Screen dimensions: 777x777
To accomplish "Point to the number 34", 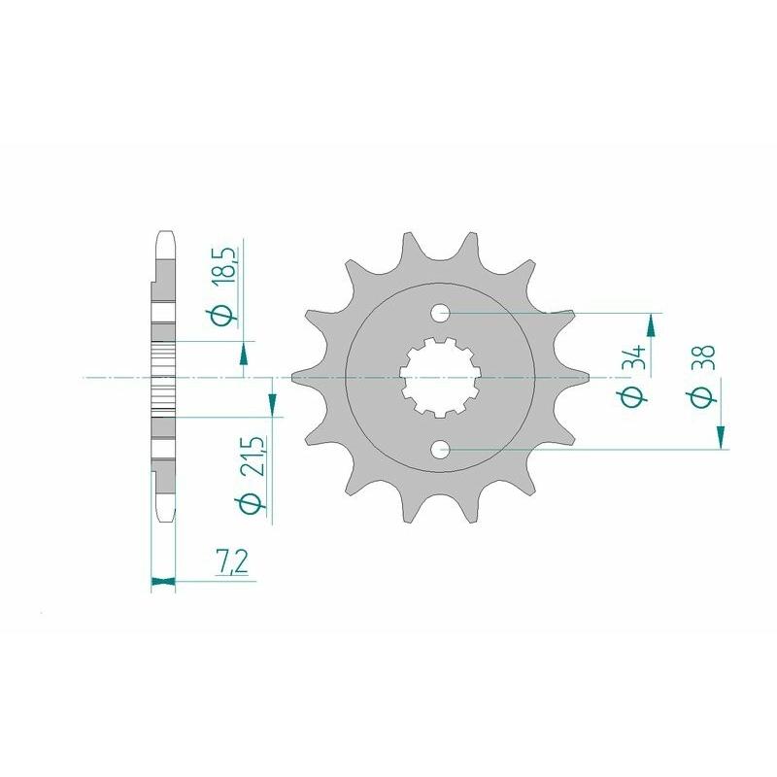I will pyautogui.click(x=634, y=359).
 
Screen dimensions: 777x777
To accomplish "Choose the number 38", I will pyautogui.click(x=705, y=359).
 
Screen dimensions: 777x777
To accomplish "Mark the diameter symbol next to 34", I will pyautogui.click(x=634, y=396).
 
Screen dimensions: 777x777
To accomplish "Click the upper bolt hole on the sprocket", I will pyautogui.click(x=440, y=313).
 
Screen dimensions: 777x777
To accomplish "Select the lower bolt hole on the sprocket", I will pyautogui.click(x=440, y=449).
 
